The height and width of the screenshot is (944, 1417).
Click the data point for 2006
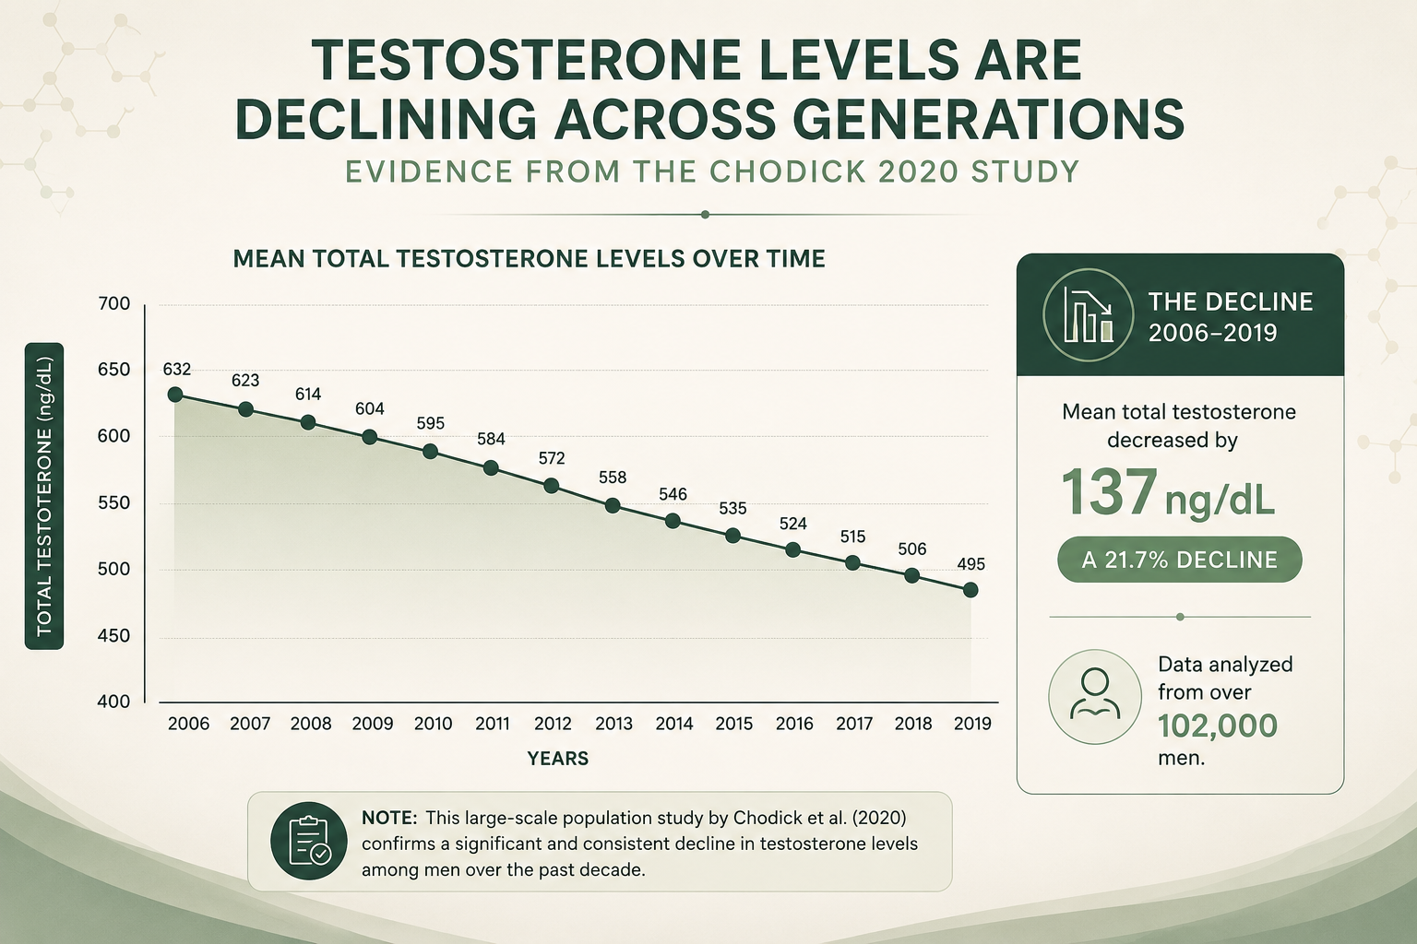(x=175, y=395)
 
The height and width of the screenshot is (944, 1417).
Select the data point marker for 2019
(x=970, y=590)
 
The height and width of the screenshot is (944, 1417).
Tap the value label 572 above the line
(x=552, y=458)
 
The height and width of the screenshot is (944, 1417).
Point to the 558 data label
(x=613, y=478)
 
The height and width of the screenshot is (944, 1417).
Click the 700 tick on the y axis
(x=113, y=303)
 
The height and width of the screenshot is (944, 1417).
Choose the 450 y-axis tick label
(x=113, y=635)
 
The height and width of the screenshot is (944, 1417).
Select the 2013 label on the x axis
(x=613, y=724)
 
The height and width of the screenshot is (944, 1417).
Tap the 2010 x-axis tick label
(x=434, y=724)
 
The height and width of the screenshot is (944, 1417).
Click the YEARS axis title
(x=558, y=758)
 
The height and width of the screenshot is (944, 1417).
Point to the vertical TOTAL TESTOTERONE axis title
(x=44, y=496)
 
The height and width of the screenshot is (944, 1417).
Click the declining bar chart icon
(x=1088, y=314)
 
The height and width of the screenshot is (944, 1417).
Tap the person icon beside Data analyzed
(x=1095, y=696)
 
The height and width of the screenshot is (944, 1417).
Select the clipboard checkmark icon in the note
(x=309, y=841)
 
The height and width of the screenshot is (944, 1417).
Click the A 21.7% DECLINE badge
(x=1180, y=560)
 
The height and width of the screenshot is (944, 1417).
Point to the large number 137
(x=1109, y=491)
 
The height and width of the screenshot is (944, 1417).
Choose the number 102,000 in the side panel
(x=1218, y=726)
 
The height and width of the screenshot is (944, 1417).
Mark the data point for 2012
(x=552, y=486)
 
